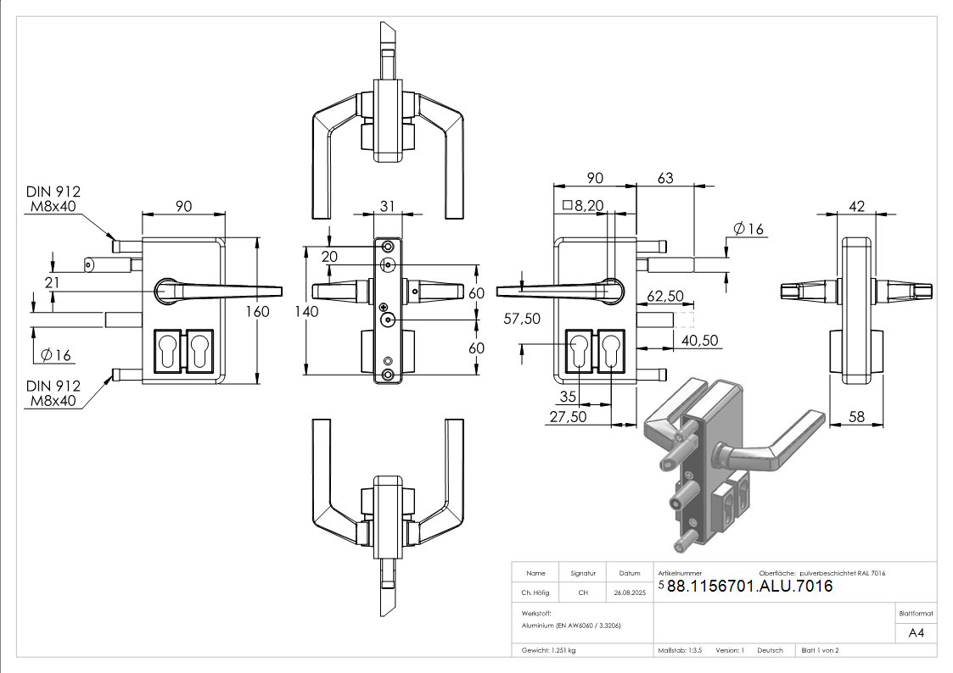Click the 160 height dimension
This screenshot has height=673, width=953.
[257, 311]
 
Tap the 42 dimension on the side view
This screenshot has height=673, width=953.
[856, 206]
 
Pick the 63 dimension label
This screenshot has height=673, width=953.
[665, 178]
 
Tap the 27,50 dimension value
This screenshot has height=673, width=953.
[568, 417]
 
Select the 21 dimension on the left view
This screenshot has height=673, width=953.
[52, 282]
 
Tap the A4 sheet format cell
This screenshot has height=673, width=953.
[916, 633]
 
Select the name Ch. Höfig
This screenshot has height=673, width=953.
[535, 593]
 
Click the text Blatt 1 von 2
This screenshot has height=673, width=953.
[820, 650]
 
